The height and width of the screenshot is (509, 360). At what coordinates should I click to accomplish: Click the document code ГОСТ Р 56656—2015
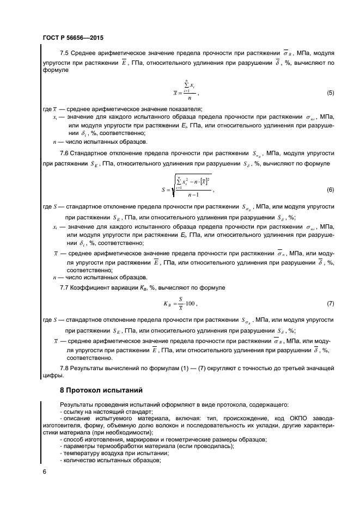click(72, 38)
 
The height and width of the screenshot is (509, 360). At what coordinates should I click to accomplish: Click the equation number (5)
click(330, 93)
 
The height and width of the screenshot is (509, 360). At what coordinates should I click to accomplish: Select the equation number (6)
click(330, 190)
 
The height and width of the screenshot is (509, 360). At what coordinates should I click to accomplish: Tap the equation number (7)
click(330, 303)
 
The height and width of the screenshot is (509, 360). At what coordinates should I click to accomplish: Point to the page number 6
click(44, 471)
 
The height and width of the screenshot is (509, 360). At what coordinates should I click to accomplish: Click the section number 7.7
click(64, 286)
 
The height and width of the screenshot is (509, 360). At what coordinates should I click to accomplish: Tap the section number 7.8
click(64, 369)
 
